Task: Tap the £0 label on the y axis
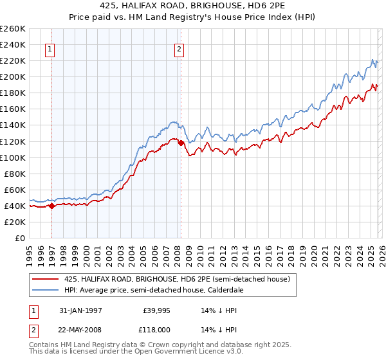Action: (x=19, y=238)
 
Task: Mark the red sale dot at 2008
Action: (x=181, y=143)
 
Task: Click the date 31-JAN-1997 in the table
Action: (x=80, y=310)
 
